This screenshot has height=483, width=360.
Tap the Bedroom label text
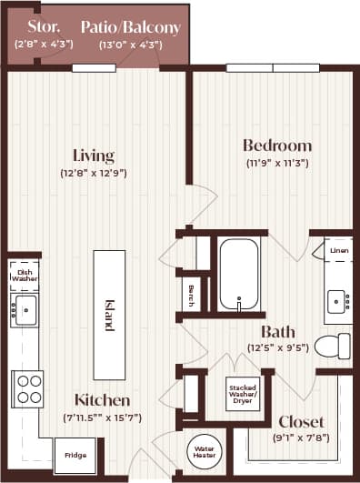[277, 146]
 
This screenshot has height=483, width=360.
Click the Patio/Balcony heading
[130, 27]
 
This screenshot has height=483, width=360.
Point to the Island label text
[109, 314]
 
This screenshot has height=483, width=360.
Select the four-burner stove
[26, 387]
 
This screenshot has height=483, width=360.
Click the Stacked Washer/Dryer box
[241, 394]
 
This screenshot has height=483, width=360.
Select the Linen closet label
[338, 249]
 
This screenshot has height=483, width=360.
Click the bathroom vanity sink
[336, 299]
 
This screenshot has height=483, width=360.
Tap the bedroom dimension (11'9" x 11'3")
[277, 164]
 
